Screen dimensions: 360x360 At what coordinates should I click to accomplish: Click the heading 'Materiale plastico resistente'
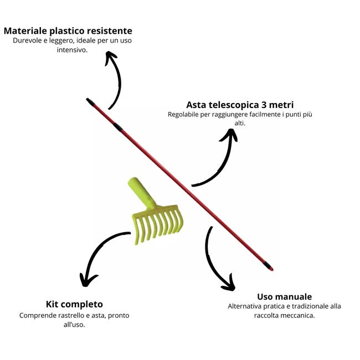click(68, 30)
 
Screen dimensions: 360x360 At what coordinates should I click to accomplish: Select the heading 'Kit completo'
click(74, 304)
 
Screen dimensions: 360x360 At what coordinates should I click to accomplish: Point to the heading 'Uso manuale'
click(284, 296)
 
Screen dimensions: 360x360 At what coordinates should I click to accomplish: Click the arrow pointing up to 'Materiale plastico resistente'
click(115, 78)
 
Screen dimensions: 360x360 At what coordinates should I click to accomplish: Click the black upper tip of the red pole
click(90, 102)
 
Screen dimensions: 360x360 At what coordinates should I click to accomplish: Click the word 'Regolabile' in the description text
click(186, 115)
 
